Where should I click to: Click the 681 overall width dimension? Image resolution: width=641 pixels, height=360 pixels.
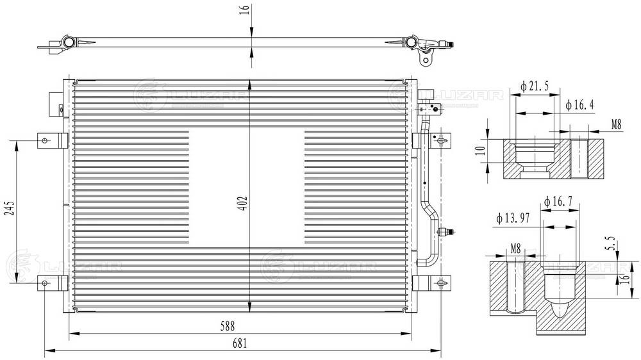(x=240, y=343)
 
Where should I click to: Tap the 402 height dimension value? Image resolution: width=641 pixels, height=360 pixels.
(x=242, y=204)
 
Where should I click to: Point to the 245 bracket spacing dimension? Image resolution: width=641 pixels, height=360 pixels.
(x=10, y=209)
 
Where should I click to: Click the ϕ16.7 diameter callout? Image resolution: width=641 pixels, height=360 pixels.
(x=558, y=203)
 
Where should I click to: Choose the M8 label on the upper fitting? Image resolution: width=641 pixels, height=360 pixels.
(x=616, y=125)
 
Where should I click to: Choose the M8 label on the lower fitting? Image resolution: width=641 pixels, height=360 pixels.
(x=515, y=247)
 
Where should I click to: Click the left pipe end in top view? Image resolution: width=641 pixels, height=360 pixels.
(x=67, y=43)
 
